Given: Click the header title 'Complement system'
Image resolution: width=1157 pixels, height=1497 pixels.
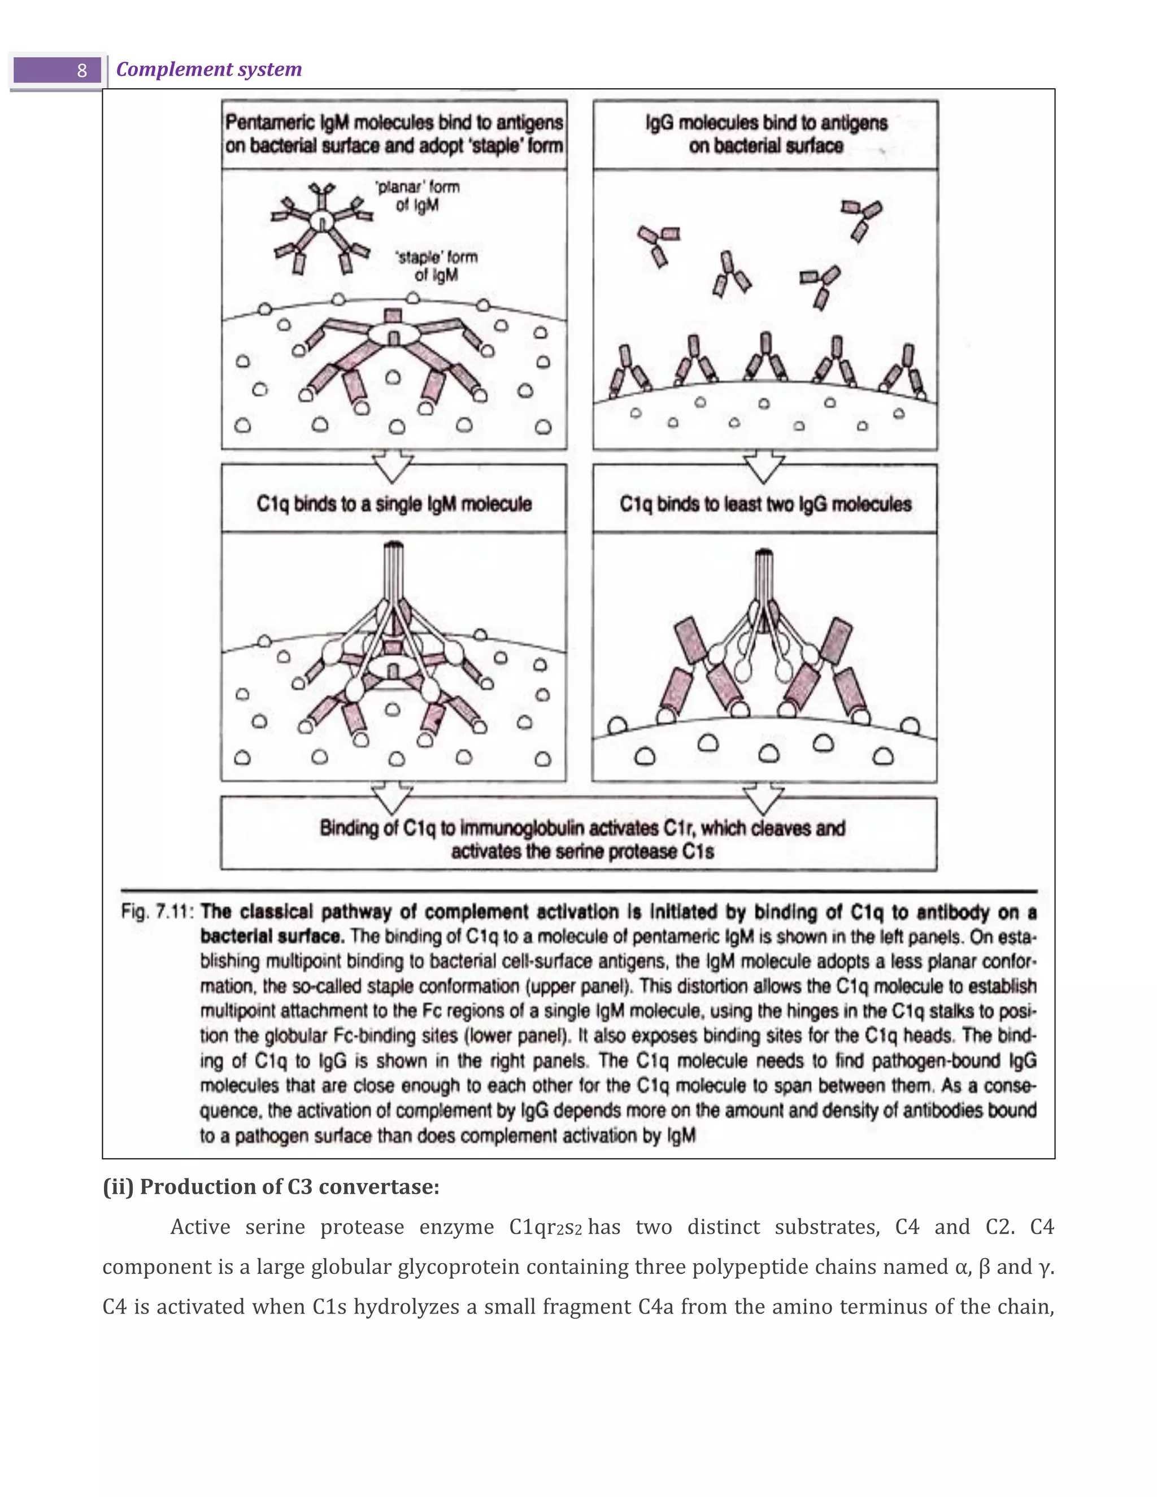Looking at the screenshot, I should pos(208,69).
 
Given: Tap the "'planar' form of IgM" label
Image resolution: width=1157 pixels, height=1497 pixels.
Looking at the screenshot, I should pos(417,196).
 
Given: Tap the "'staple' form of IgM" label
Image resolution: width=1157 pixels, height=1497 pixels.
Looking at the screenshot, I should pos(437,266).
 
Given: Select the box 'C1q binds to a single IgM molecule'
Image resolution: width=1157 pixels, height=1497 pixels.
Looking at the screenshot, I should pos(394,504).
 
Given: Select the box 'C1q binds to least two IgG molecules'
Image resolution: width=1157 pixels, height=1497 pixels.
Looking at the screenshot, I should pos(765,504).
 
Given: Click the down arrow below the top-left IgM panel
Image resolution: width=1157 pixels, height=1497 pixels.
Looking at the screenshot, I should pos(393,466).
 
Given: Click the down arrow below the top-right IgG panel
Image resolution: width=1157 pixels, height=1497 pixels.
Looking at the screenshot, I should pos(764,466).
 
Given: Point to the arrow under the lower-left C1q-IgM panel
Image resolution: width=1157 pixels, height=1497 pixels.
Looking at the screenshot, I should pos(392,798).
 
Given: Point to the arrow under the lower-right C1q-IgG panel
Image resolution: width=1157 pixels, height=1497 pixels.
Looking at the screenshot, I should pos(764,798).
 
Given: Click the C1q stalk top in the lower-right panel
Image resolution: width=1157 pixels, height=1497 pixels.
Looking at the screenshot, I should pos(764,555).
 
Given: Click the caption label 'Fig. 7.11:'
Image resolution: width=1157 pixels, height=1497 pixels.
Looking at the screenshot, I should pos(157,912).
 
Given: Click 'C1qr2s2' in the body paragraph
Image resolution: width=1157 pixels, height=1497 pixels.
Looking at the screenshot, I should pos(545,1227).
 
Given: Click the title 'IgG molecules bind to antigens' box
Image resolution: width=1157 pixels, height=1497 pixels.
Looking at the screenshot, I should pos(765,134).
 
